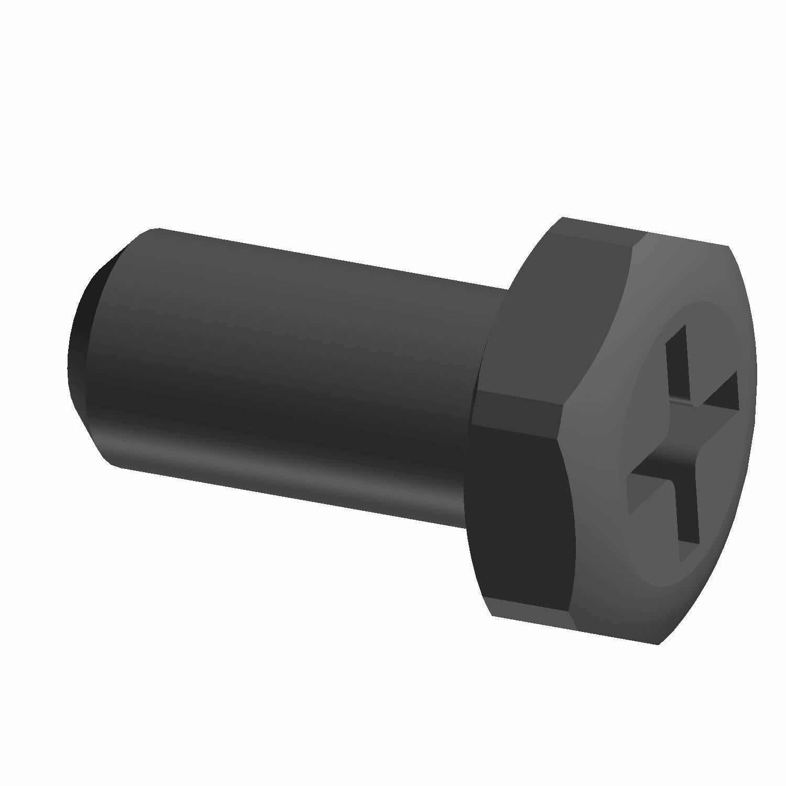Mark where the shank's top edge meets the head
507,288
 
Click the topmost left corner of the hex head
562,217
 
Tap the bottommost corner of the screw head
658,643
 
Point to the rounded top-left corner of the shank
152,231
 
